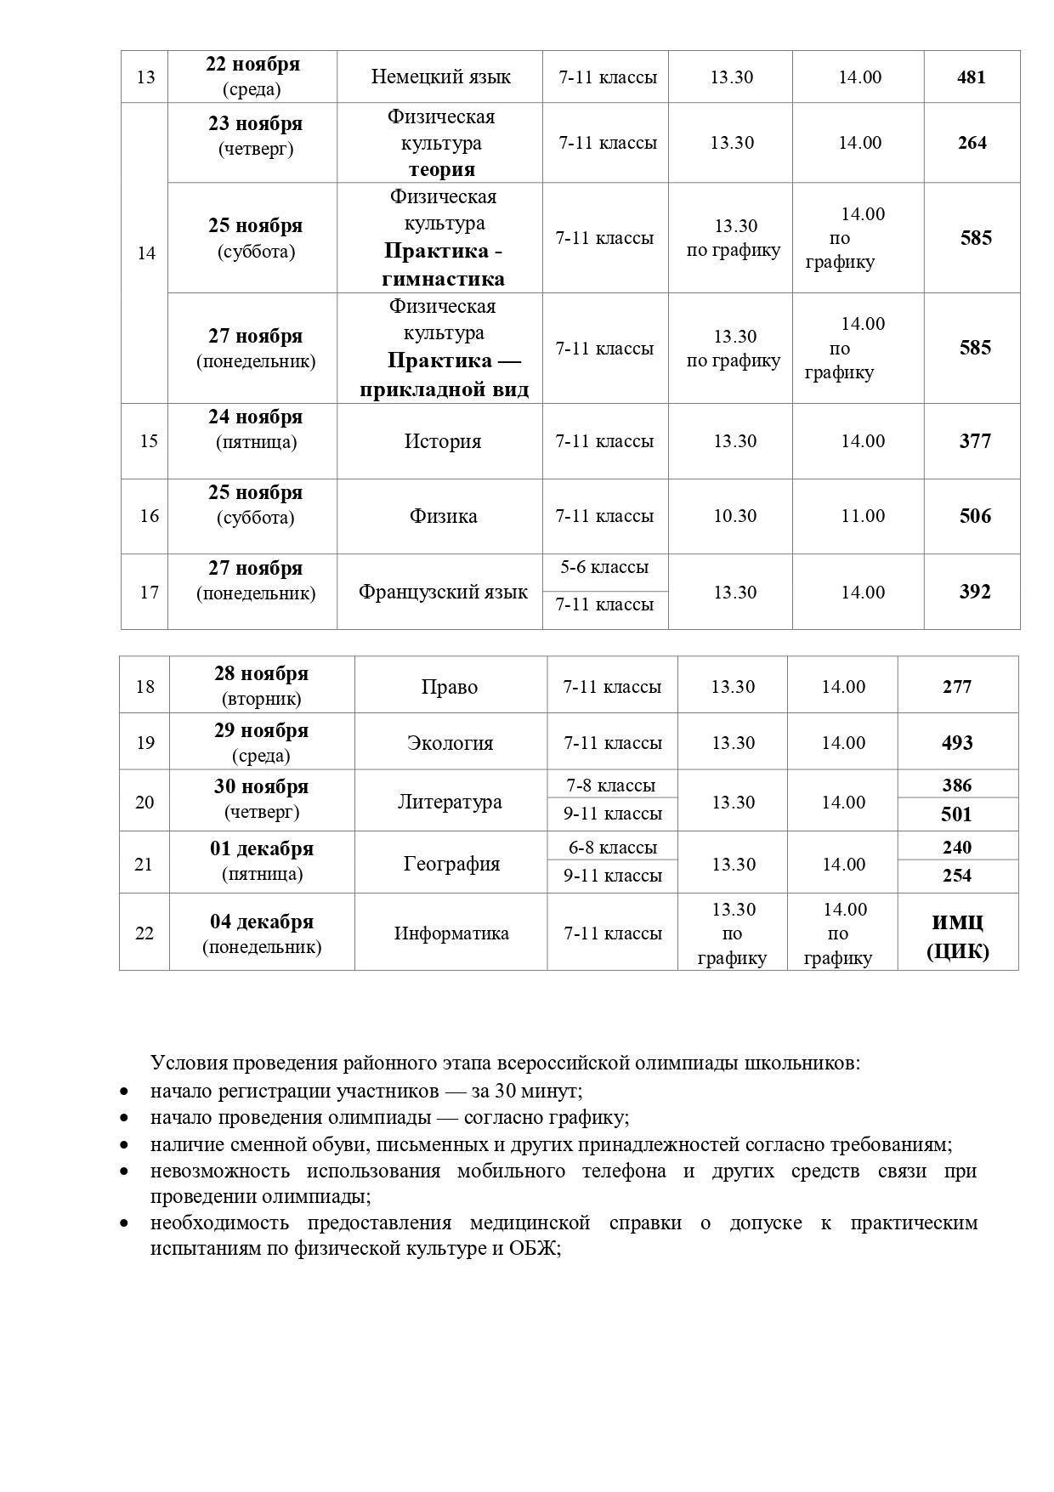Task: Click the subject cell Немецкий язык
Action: tap(440, 77)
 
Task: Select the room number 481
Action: tap(971, 77)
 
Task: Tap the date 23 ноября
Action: tap(255, 124)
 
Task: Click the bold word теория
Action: tap(441, 169)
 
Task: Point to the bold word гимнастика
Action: tap(443, 279)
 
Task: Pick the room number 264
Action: tap(972, 143)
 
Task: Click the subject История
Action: tap(442, 441)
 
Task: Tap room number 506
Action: tap(975, 516)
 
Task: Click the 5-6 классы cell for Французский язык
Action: tap(604, 567)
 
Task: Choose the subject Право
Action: tap(449, 687)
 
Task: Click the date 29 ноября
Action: tap(261, 731)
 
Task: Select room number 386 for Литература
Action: tap(957, 786)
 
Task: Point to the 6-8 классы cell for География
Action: tap(613, 848)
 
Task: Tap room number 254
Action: tap(957, 876)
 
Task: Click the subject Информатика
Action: tap(451, 933)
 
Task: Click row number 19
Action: tap(145, 743)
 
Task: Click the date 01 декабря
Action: tap(262, 849)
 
